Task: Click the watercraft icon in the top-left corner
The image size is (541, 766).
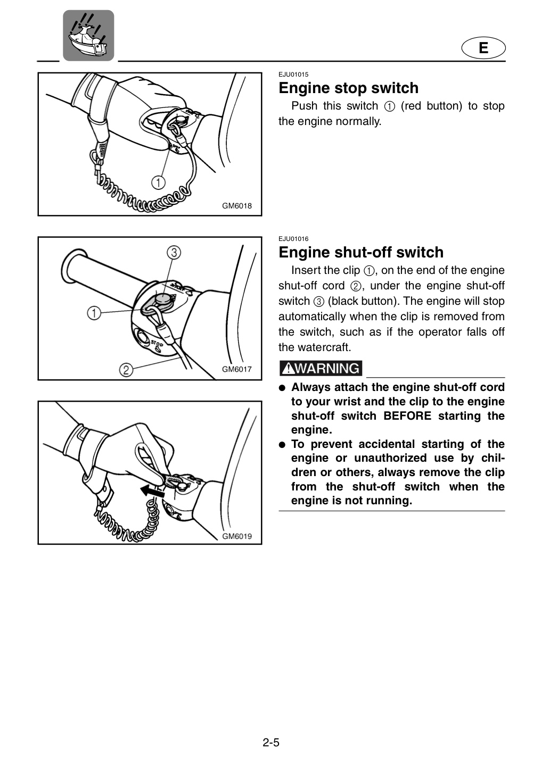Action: [88, 36]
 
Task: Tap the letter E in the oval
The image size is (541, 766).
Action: [483, 48]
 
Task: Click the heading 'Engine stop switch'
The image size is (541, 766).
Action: [349, 88]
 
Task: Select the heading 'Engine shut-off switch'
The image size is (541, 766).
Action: [361, 252]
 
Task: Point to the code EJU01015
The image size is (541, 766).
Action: [293, 74]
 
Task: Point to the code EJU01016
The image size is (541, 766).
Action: [293, 239]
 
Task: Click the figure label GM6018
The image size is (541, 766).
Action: [237, 206]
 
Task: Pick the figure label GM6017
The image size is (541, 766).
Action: [237, 369]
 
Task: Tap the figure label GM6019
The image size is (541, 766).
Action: [237, 536]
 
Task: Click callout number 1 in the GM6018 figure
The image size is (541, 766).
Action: [158, 182]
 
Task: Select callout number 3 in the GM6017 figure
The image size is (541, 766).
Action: [174, 253]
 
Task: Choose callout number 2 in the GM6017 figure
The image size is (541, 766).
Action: [126, 370]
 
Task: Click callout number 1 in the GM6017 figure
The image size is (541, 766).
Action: [94, 313]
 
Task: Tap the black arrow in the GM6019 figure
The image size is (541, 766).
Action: [152, 492]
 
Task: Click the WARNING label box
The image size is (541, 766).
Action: [321, 368]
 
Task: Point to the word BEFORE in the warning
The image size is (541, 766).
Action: [407, 416]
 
